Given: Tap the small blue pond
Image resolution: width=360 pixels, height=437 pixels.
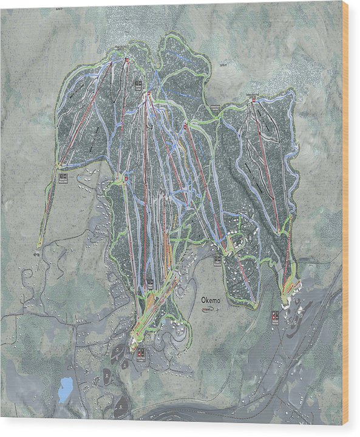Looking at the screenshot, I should pos(65,388).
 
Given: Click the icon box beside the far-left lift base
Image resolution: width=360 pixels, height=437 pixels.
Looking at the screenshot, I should pos(63,177).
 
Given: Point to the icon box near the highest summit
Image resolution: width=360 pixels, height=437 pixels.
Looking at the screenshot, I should pos(138,84).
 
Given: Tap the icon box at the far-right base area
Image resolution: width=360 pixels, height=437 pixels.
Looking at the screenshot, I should pos(275,317).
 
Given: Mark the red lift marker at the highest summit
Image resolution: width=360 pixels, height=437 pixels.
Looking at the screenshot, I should pos(127,59).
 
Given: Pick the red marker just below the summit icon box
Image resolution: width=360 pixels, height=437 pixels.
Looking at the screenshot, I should pos(148,93).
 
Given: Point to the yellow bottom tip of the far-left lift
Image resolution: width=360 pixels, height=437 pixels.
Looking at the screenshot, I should pos(39,246).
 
